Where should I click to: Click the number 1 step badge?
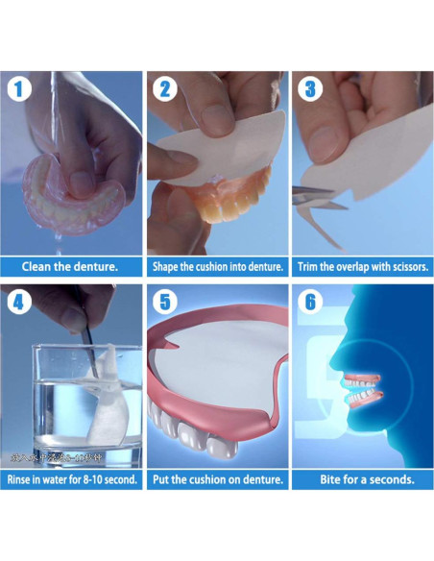pos(19,90)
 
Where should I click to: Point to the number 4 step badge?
pos(19,302)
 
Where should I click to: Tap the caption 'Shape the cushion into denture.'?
pos(217,266)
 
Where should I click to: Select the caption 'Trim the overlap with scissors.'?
pos(362,266)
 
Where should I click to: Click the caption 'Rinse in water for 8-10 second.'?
pos(72,478)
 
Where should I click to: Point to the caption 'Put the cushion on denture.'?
pos(217,478)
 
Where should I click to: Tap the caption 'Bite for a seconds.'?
pos(362,478)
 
